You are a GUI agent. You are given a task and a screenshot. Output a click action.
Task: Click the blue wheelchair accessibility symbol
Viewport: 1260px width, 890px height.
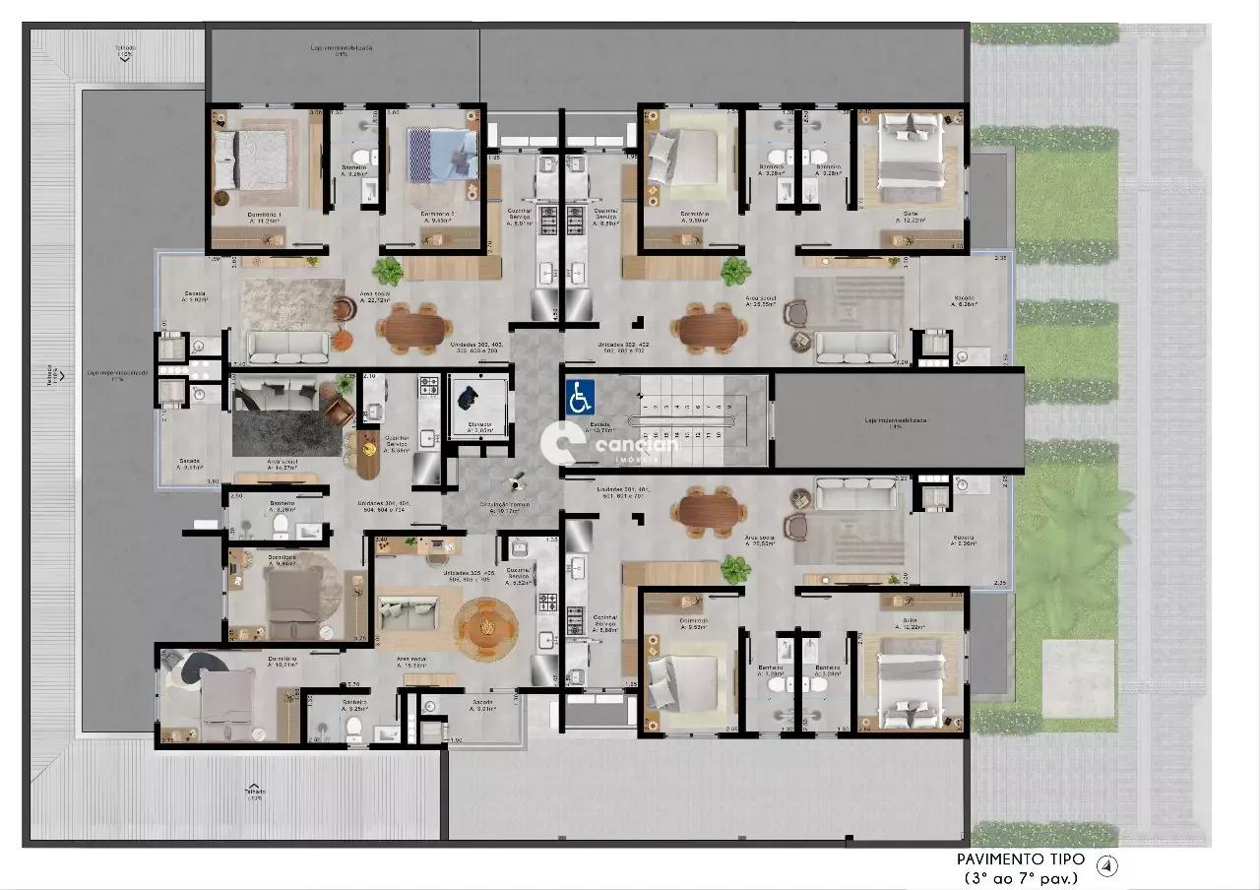coord(579,398)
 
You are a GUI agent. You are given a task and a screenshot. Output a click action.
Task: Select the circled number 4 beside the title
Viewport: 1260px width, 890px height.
coord(1108,866)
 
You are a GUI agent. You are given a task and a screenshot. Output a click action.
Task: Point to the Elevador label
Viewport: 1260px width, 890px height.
coord(479,425)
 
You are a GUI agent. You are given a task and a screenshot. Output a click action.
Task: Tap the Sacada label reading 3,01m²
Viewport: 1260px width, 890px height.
coord(482,705)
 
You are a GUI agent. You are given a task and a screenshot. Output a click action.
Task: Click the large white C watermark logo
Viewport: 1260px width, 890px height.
coord(565,444)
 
